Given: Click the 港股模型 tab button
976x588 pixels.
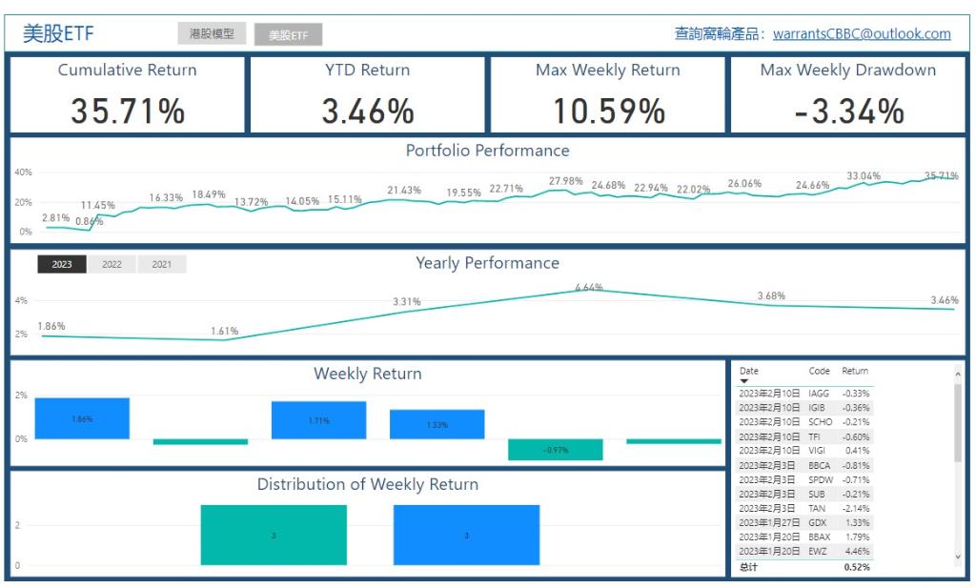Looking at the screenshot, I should pyautogui.click(x=212, y=34).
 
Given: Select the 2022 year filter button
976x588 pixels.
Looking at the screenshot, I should pyautogui.click(x=112, y=265).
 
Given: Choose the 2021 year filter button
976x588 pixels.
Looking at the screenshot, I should pyautogui.click(x=162, y=265).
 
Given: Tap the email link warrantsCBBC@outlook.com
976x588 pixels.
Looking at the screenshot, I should pyautogui.click(x=862, y=34).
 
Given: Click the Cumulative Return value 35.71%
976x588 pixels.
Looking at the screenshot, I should pyautogui.click(x=128, y=112).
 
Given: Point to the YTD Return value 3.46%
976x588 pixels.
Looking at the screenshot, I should pyautogui.click(x=368, y=112).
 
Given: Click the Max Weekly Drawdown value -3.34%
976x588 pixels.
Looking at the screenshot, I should pyautogui.click(x=848, y=112).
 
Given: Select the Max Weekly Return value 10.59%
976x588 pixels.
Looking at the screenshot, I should pyautogui.click(x=608, y=112).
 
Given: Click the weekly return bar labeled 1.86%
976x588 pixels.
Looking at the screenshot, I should pyautogui.click(x=82, y=418).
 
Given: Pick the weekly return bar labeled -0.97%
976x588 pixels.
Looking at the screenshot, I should pyautogui.click(x=556, y=449).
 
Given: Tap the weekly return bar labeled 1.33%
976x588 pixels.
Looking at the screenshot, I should pyautogui.click(x=437, y=424).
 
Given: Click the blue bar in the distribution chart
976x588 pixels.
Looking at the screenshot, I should pyautogui.click(x=466, y=535).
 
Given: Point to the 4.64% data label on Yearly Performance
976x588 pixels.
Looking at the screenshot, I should pyautogui.click(x=589, y=287).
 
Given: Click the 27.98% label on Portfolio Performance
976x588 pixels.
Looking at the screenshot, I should pyautogui.click(x=565, y=181).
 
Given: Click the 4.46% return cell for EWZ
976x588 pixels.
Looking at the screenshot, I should pyautogui.click(x=856, y=552).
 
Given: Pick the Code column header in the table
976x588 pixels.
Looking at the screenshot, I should pyautogui.click(x=819, y=371).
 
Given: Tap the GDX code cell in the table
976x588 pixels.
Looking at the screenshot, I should pyautogui.click(x=817, y=522).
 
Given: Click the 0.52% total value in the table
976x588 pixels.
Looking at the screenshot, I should pyautogui.click(x=856, y=567).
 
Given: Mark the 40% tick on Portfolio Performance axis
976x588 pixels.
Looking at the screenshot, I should pyautogui.click(x=23, y=172).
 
